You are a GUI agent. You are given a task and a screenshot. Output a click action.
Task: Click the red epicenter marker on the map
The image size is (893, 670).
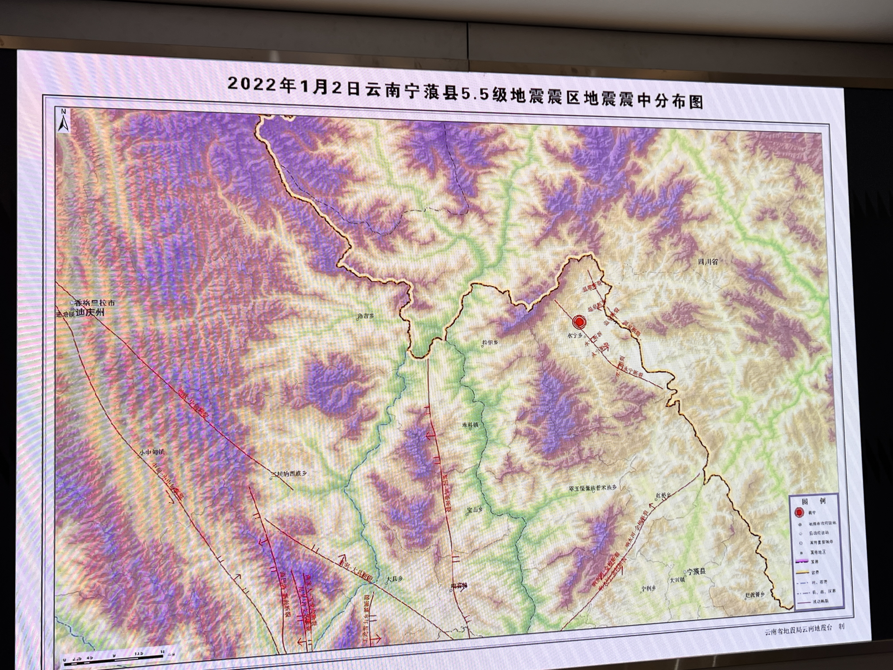coord(579,322)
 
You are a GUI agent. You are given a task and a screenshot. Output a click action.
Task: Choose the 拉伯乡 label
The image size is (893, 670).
coord(490,343)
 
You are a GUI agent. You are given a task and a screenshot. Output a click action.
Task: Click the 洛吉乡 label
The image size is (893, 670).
coord(366,316)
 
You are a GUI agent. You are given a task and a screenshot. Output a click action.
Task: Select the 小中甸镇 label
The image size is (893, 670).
coord(152,453)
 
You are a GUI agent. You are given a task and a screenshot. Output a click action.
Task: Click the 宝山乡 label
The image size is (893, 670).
coord(475,510)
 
